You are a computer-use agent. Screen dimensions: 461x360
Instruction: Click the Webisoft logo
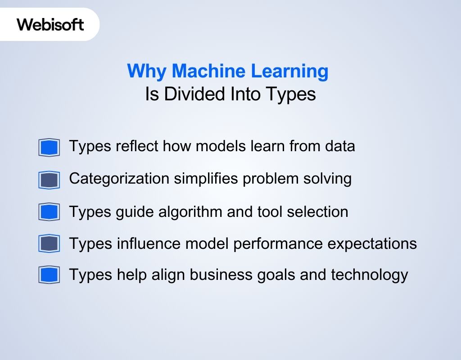50,24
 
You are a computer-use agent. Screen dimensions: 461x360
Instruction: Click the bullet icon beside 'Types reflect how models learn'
49,147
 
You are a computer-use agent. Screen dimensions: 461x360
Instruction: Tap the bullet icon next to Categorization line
49,180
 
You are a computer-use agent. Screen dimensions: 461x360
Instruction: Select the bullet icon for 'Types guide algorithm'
49,212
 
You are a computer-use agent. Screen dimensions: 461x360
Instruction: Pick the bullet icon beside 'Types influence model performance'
49,243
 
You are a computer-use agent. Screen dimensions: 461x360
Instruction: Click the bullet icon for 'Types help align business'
49,275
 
